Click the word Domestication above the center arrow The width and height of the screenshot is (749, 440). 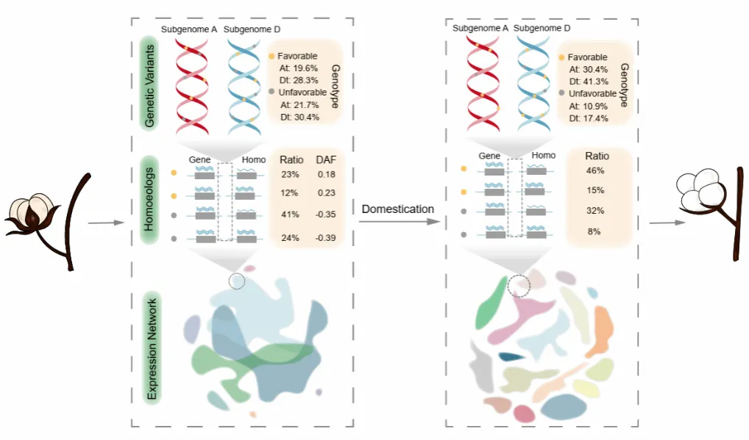click(397, 209)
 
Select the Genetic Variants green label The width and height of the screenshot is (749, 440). click(149, 85)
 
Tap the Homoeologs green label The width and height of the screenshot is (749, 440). click(149, 199)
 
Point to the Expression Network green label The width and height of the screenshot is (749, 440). click(152, 348)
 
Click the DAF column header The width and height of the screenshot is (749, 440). click(326, 159)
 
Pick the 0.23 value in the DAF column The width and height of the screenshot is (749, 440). click(326, 192)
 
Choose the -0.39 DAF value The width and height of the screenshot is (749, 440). click(325, 237)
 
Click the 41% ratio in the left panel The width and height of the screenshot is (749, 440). click(290, 214)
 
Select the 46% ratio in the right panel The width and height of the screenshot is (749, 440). click(595, 170)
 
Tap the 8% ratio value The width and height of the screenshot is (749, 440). click(594, 231)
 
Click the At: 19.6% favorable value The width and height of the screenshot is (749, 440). click(299, 68)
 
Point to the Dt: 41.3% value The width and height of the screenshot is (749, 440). click(589, 82)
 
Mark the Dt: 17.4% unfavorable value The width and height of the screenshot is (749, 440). click(589, 118)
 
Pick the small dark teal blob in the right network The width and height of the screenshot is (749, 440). click(511, 356)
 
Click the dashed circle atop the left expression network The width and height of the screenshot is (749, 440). click(237, 281)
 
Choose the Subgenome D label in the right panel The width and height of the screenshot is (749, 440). click(542, 28)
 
